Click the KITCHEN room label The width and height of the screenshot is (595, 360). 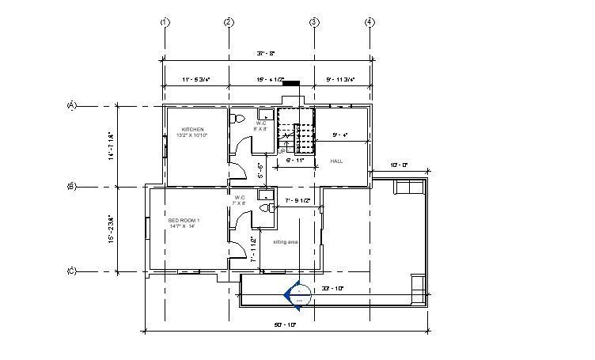coord(192,129)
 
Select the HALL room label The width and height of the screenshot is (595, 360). coord(324,161)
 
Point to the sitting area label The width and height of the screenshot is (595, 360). coord(286,241)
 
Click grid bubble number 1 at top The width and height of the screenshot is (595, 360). coord(165,21)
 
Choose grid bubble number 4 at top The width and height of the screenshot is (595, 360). coord(370,21)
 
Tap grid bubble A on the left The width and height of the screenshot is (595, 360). coord(71,105)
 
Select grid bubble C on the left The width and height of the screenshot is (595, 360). coord(71,271)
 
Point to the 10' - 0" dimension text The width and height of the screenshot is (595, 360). coord(400,165)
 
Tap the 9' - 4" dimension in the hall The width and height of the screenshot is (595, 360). coord(341,135)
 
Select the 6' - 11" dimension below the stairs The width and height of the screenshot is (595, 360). coord(294,160)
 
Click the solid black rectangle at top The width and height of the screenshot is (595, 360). coord(291,81)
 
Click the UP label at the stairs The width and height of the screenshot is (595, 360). coord(282,150)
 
